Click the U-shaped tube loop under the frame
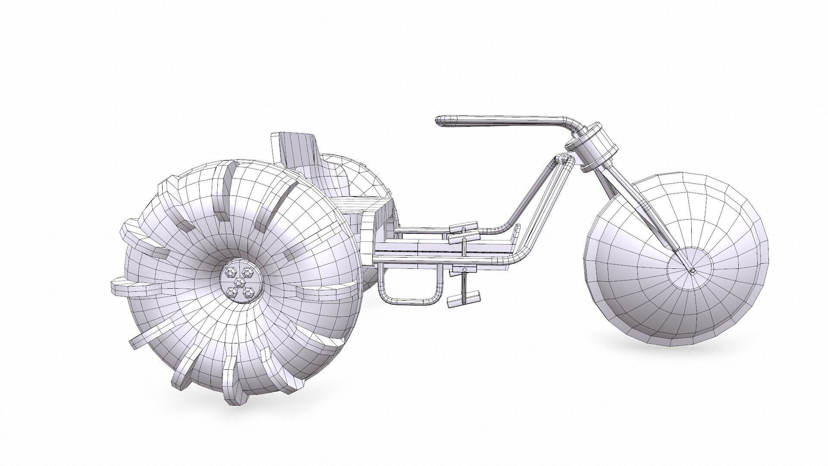410,298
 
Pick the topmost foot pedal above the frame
464,226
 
